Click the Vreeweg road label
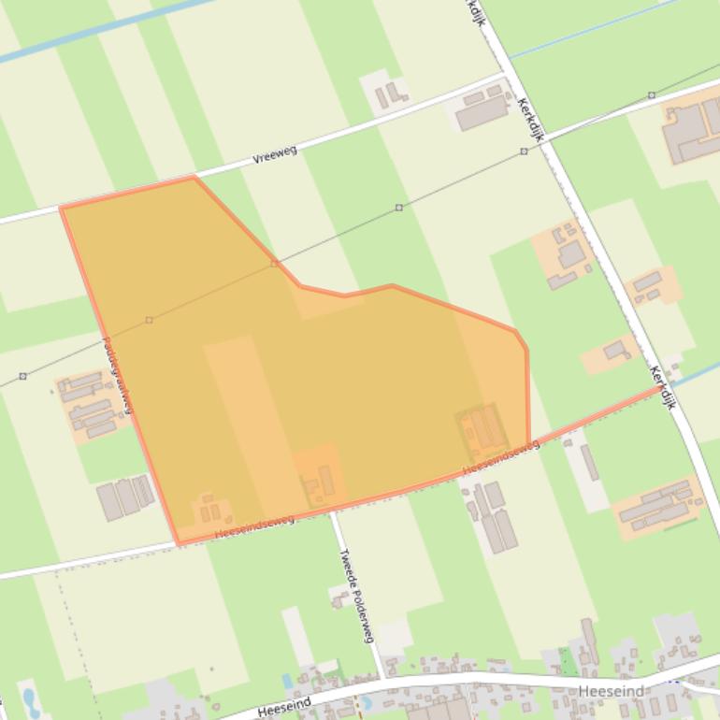click(275, 154)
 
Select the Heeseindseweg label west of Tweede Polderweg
click(254, 526)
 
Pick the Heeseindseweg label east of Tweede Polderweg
click(500, 457)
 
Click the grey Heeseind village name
click(612, 692)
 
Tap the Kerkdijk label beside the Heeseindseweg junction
click(662, 387)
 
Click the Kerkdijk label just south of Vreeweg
click(528, 120)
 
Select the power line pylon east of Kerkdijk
click(652, 95)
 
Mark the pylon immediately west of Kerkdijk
click(524, 151)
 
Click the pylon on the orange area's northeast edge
click(274, 264)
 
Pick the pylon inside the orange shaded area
click(149, 320)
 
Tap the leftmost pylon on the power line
click(22, 376)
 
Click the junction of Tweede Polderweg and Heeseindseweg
click(332, 511)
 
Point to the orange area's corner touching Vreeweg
click(194, 177)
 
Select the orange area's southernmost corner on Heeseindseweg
click(179, 543)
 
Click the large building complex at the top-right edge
click(693, 130)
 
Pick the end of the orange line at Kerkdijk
click(660, 387)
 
